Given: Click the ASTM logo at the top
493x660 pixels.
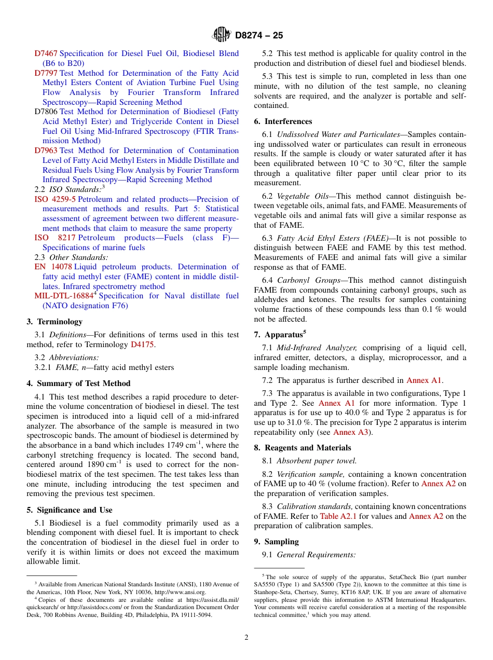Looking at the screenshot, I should click(x=222, y=35).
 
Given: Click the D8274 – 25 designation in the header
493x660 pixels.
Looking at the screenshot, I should click(x=259, y=35).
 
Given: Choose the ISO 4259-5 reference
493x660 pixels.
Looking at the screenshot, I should click(x=55, y=199).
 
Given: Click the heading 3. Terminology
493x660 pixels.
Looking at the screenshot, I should click(x=54, y=322).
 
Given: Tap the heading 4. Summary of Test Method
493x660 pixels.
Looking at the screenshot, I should click(x=78, y=383).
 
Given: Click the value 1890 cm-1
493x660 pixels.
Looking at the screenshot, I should click(x=104, y=464).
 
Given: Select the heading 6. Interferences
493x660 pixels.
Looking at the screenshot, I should click(x=283, y=121).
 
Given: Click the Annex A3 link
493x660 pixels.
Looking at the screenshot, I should click(x=351, y=432).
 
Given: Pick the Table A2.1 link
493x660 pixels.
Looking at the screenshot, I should click(x=338, y=516).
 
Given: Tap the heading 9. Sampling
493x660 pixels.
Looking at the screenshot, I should click(x=276, y=542).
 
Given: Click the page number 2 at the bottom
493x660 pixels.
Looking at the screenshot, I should click(x=246, y=638).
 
